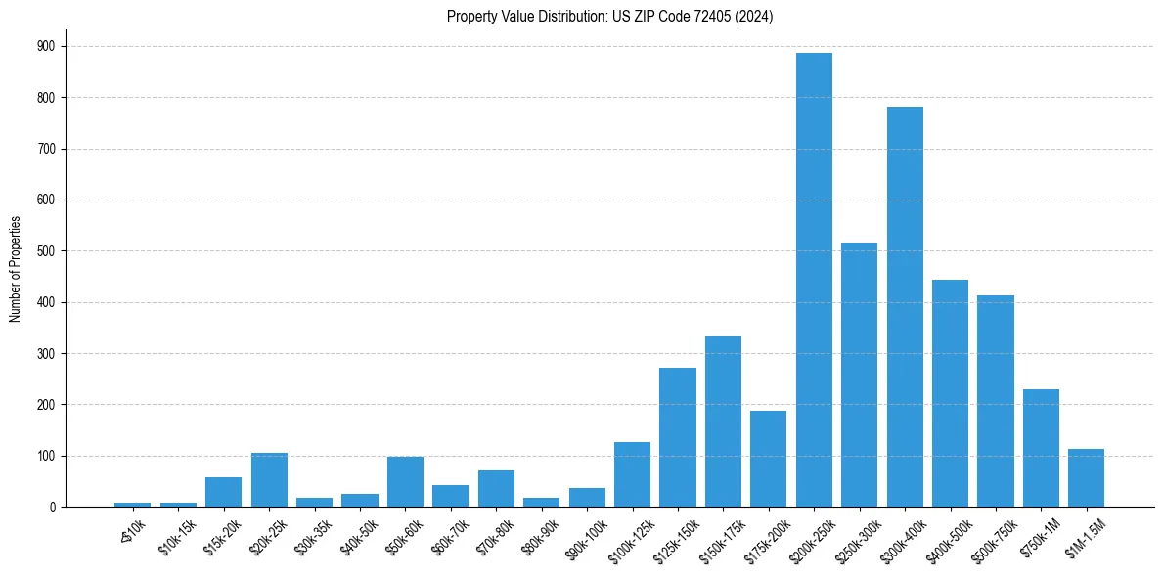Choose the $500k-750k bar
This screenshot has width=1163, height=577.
[995, 401]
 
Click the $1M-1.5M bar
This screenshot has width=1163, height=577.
[1086, 478]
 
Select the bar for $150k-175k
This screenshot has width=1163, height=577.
[723, 422]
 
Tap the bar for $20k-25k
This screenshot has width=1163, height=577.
[269, 480]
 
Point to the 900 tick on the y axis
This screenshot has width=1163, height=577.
[45, 46]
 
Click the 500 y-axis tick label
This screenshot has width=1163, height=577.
[45, 251]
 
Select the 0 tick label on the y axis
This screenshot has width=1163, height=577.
[52, 508]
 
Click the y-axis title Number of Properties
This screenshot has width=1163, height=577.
[15, 268]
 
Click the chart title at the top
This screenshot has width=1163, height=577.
[609, 17]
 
